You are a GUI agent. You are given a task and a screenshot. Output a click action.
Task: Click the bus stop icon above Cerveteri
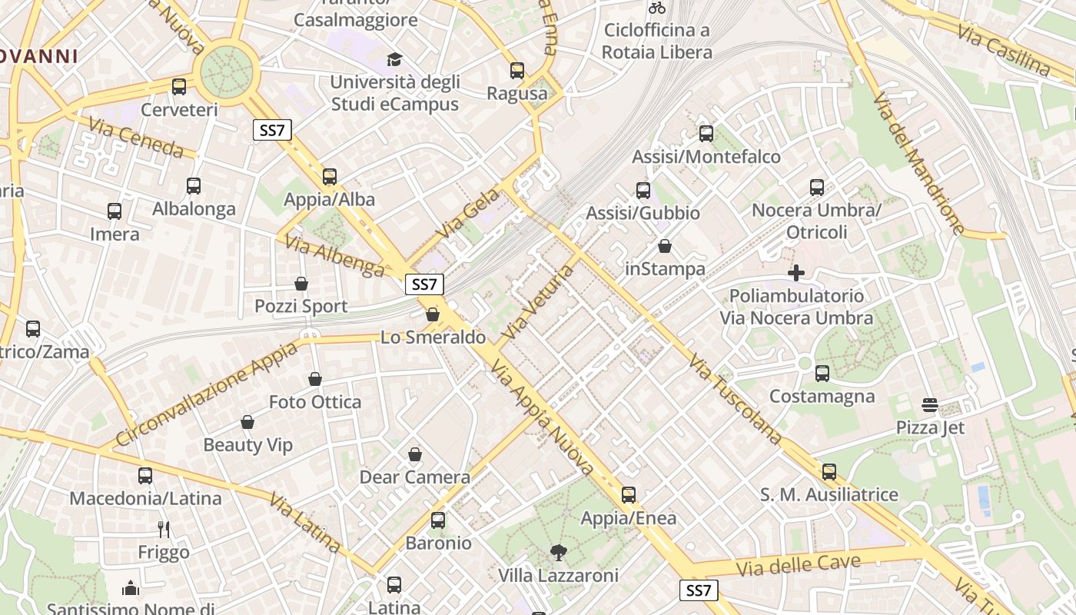pos(179,87)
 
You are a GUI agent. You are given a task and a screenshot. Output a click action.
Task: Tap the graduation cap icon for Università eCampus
pos(394,59)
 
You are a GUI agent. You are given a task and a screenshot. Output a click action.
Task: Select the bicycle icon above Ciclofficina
pos(657,8)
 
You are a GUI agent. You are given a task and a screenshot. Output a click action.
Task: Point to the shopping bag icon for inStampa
pos(665,247)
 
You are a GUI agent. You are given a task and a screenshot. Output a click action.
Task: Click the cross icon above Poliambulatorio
pos(796,273)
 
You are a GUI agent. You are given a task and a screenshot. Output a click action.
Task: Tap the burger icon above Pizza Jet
pos(930,404)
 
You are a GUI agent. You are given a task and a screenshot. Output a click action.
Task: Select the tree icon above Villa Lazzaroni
pos(558,553)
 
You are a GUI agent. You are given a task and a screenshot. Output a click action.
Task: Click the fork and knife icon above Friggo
pos(163,529)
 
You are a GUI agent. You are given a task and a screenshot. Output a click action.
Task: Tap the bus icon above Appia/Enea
pos(629,495)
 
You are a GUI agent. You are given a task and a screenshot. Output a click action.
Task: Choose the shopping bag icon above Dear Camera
pos(415,455)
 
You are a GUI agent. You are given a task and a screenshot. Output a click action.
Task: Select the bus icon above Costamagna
pos(822,374)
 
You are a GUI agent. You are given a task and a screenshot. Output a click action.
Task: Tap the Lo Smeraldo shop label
pos(433,337)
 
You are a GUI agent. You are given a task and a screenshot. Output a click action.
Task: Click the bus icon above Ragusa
pos(517,71)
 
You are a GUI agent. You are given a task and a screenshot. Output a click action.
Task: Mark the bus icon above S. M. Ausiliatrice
pos(829,472)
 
